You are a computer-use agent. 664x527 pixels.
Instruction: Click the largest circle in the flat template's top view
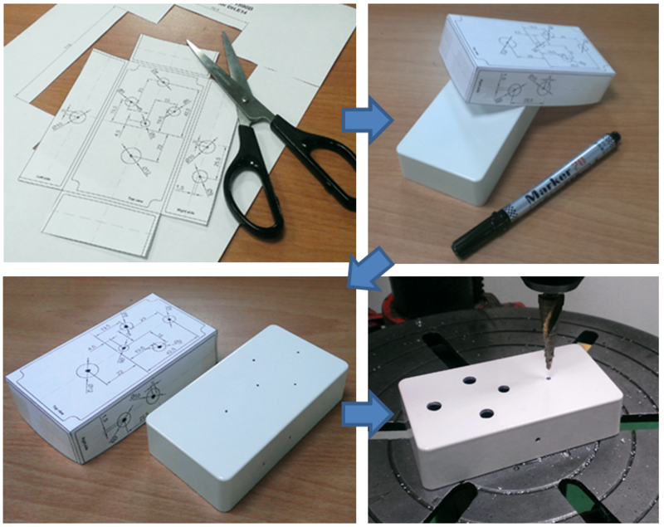tap(130, 155)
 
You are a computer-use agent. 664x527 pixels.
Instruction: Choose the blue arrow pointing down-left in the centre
tap(363, 267)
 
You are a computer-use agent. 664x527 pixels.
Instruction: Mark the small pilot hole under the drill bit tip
tap(549, 378)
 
